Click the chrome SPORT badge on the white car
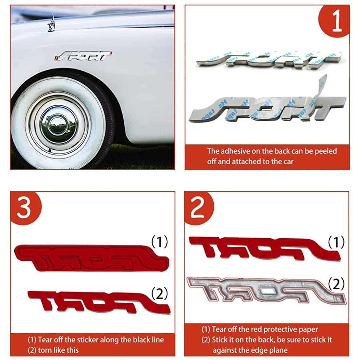pos(83,56)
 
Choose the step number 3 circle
pos(25,208)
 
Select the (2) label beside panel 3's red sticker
pos(160,294)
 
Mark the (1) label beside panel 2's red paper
pos(336,242)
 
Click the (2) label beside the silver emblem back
pos(336,284)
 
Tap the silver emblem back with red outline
pos(266,290)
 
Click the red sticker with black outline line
pos(91,258)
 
